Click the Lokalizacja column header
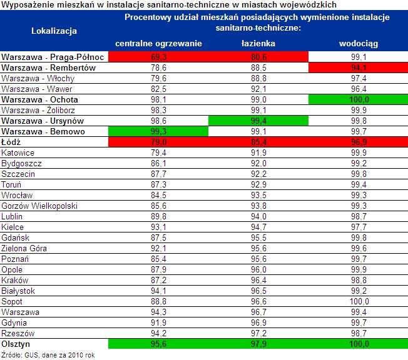pyautogui.click(x=54, y=30)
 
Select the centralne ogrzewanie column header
pyautogui.click(x=158, y=43)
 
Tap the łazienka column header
pyautogui.click(x=258, y=43)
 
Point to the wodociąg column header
pyautogui.click(x=358, y=43)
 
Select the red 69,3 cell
pyautogui.click(x=158, y=57)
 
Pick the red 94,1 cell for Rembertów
pyautogui.click(x=358, y=67)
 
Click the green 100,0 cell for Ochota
pyautogui.click(x=358, y=99)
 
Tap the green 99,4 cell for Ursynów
pyautogui.click(x=258, y=121)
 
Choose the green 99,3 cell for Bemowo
pyautogui.click(x=158, y=131)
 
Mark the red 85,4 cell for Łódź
pyautogui.click(x=258, y=142)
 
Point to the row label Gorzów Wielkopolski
pyautogui.click(x=39, y=206)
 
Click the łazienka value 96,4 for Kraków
pyautogui.click(x=258, y=280)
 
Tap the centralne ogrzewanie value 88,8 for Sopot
pyautogui.click(x=158, y=301)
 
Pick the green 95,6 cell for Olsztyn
pyautogui.click(x=158, y=344)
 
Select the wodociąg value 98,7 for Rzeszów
pyautogui.click(x=358, y=333)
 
